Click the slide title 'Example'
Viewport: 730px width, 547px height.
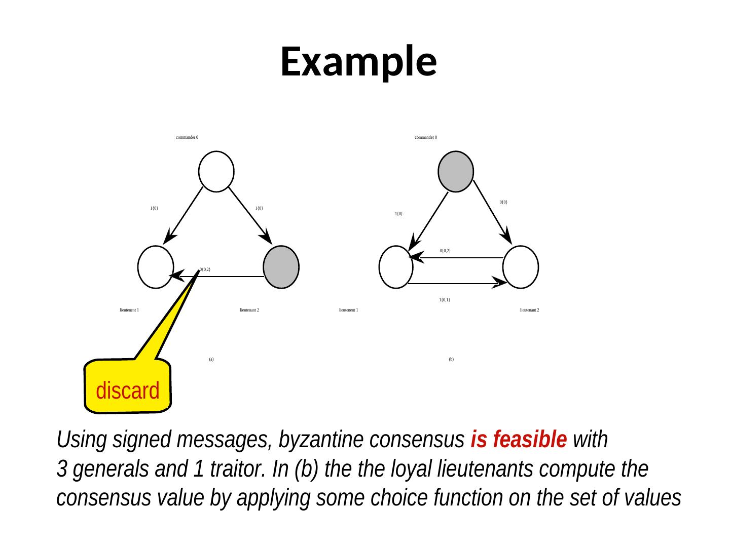[358, 61]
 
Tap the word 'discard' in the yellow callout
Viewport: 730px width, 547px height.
[128, 390]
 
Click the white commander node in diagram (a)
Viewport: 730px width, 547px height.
[216, 171]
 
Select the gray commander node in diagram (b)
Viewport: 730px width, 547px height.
[456, 171]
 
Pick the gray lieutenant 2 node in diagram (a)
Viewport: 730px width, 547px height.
[281, 267]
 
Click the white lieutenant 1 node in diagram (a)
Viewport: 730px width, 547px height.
[156, 267]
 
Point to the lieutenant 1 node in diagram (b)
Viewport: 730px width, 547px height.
[396, 267]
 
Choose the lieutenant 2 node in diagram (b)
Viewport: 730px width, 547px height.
[521, 267]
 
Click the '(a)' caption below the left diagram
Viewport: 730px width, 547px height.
[211, 359]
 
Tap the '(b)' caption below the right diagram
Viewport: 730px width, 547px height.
[451, 359]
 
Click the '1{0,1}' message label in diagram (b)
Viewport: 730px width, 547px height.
[445, 300]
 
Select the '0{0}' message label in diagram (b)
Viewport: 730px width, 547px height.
[503, 202]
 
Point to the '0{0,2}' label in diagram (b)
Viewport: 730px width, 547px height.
[446, 251]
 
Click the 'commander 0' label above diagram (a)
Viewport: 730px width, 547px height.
[187, 137]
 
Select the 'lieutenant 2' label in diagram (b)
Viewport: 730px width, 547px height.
[529, 310]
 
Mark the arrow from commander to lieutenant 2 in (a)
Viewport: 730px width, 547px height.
[250, 215]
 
